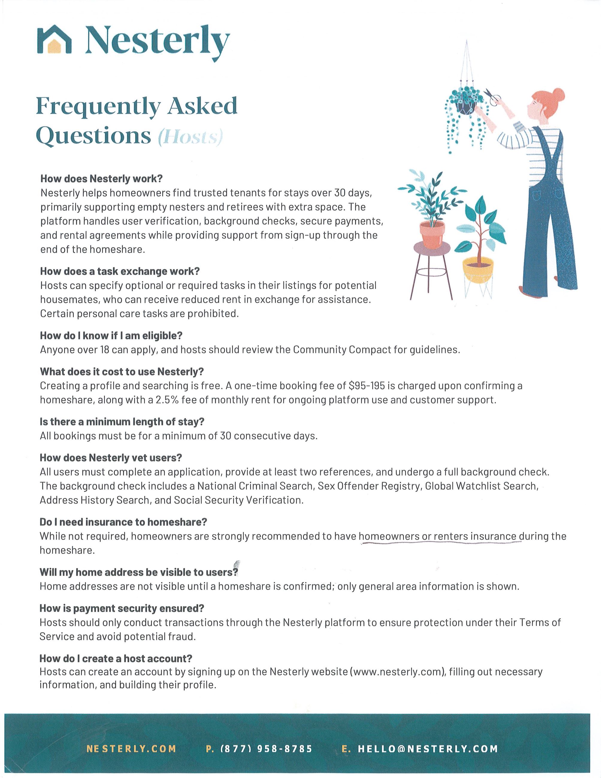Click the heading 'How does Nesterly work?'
(x=101, y=178)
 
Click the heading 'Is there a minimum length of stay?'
(x=122, y=422)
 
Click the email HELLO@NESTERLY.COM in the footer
(x=428, y=749)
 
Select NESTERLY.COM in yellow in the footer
(x=131, y=749)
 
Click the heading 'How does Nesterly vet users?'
(x=111, y=458)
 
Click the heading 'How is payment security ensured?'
(x=122, y=608)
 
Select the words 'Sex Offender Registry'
(x=369, y=486)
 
